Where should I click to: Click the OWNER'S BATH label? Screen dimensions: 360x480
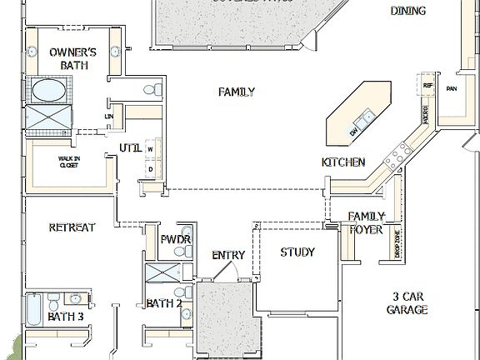click(x=72, y=58)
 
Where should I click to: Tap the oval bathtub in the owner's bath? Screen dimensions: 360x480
click(x=52, y=89)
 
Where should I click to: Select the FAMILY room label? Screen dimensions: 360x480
click(x=237, y=92)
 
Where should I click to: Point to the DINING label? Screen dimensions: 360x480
click(x=407, y=11)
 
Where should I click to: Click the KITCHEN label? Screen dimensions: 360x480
click(x=343, y=162)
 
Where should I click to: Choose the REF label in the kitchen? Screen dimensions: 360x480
click(x=428, y=85)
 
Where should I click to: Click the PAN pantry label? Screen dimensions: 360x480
click(x=452, y=88)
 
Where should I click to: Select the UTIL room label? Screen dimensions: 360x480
click(x=130, y=147)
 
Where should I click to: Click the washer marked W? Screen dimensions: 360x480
click(x=151, y=150)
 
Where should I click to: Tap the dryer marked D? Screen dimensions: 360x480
click(x=151, y=169)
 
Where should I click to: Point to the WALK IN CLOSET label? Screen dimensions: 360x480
click(x=68, y=161)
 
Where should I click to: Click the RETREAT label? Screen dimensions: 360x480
click(x=72, y=227)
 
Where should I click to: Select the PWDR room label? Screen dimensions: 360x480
click(x=176, y=240)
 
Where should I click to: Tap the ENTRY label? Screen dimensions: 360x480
click(x=227, y=255)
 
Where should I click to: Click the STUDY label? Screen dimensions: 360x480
click(x=297, y=252)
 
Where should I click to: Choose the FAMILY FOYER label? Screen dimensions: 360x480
click(x=366, y=222)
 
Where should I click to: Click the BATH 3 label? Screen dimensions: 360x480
click(x=65, y=317)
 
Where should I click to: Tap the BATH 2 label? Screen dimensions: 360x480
click(x=164, y=303)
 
